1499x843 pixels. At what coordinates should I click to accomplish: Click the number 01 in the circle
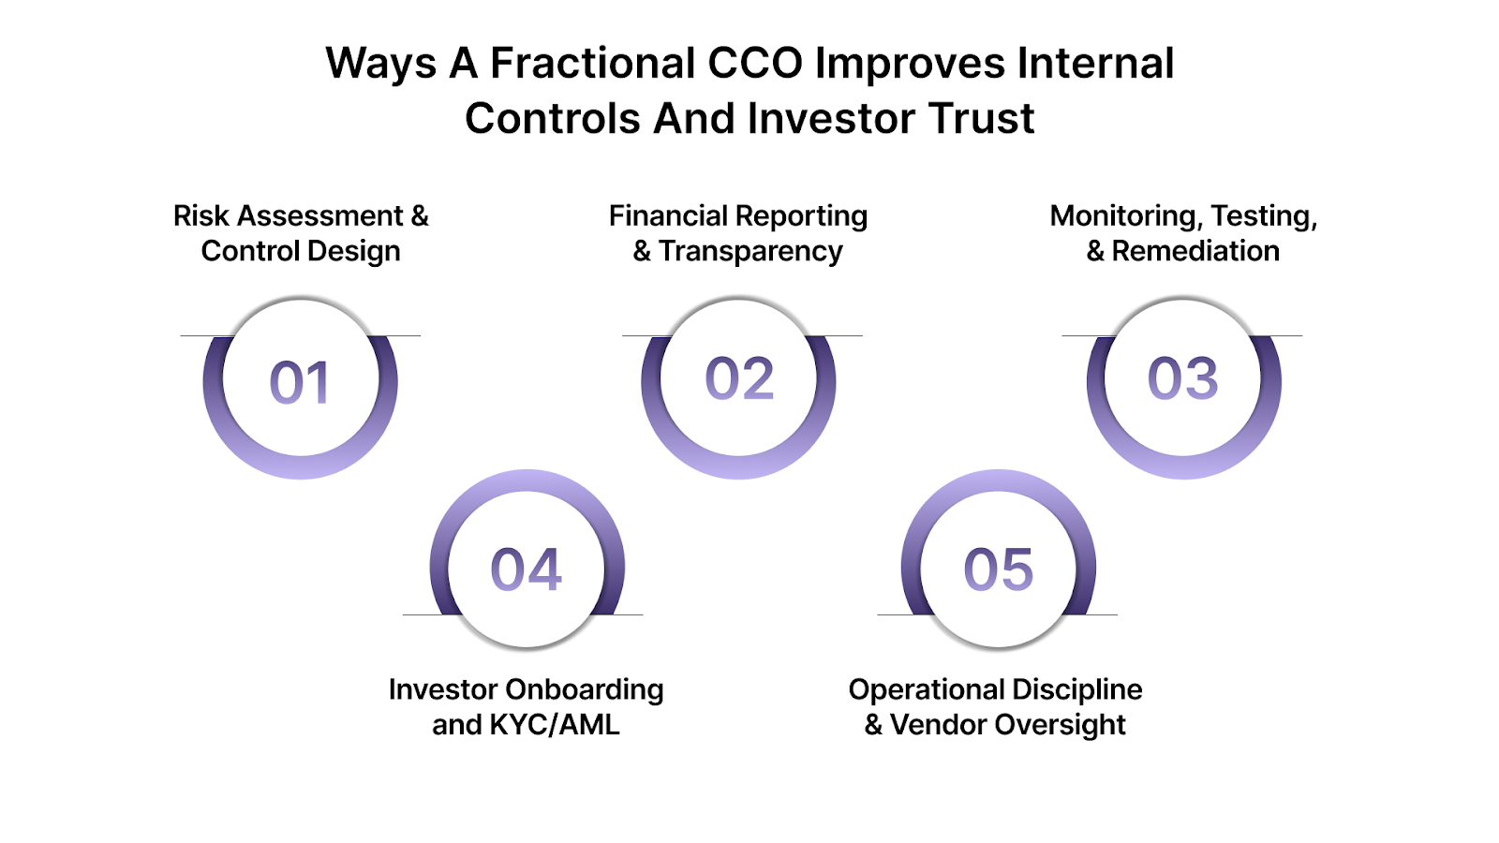pyautogui.click(x=300, y=382)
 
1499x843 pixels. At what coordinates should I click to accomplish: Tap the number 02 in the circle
pyautogui.click(x=739, y=379)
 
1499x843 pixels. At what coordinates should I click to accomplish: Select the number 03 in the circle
pyautogui.click(x=1182, y=379)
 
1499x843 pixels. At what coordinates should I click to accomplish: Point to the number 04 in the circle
pyautogui.click(x=526, y=569)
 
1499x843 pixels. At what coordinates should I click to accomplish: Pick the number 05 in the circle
pyautogui.click(x=998, y=569)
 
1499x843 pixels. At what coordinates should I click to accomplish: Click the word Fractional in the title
pyautogui.click(x=592, y=64)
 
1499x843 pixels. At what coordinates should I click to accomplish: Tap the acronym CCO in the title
pyautogui.click(x=755, y=64)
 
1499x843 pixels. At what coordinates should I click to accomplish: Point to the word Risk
pyautogui.click(x=200, y=216)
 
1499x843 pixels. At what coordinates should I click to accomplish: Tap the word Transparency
pyautogui.click(x=750, y=251)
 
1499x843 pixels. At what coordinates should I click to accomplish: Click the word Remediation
pyautogui.click(x=1195, y=251)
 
